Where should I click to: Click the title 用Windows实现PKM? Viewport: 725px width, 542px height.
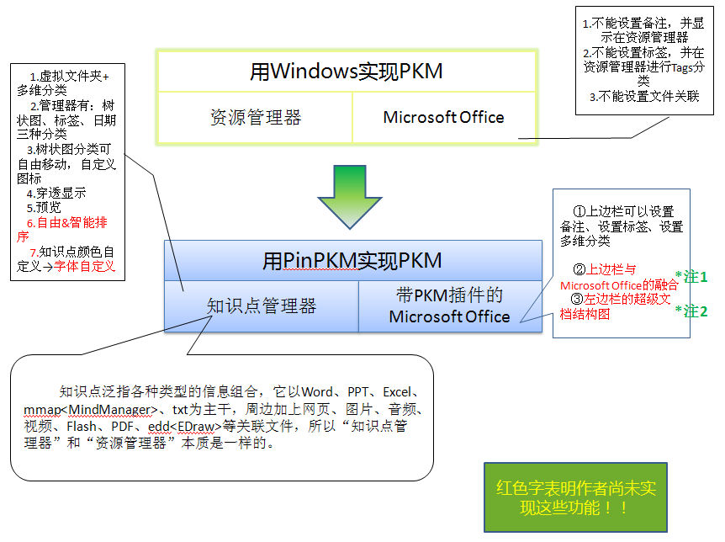(346, 72)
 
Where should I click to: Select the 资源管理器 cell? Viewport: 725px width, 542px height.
(255, 117)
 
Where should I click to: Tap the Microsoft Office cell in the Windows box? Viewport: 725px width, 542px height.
(443, 117)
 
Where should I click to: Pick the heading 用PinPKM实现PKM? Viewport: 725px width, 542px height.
(352, 260)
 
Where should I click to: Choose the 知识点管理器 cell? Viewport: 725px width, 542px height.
(262, 306)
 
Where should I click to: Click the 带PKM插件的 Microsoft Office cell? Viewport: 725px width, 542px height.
(449, 306)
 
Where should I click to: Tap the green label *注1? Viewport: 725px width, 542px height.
(691, 276)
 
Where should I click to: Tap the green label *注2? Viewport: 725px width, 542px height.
(691, 311)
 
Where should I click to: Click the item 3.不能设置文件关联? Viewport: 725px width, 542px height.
(643, 97)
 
